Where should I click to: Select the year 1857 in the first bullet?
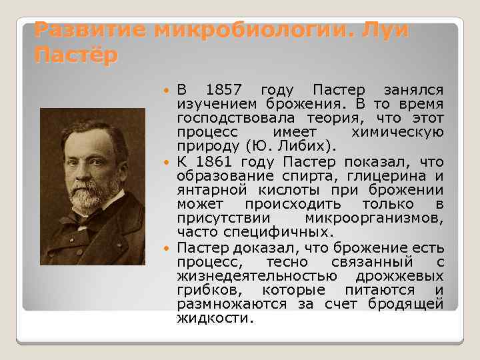[225, 90]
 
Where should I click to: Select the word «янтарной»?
[208, 190]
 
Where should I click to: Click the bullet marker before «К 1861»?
[166, 163]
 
